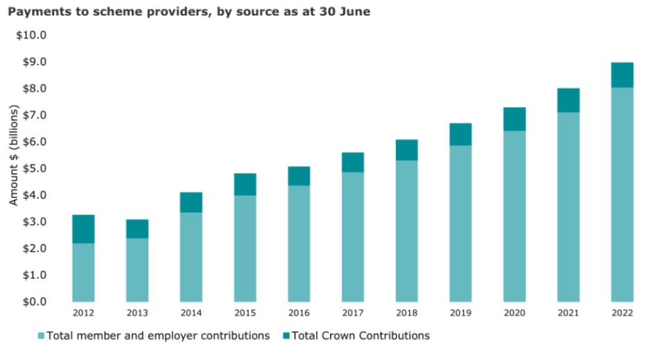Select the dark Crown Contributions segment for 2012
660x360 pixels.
83,229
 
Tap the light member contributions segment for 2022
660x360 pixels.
622,195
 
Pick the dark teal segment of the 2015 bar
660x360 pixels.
245,184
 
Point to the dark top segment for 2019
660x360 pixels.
461,134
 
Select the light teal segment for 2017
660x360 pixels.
352,236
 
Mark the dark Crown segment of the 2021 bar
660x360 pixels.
568,100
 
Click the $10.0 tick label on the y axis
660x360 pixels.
31,35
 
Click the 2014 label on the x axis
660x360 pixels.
191,313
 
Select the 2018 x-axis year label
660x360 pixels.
406,313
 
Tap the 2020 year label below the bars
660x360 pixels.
514,313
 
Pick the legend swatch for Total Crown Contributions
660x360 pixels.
283,336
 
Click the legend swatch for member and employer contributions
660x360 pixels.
41,336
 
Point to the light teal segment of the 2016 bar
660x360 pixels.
299,243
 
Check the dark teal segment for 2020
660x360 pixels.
514,119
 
